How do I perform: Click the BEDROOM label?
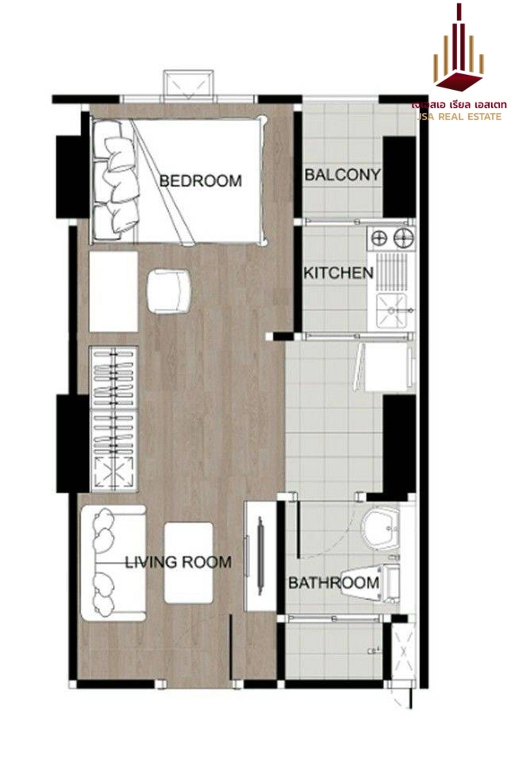[x=200, y=181]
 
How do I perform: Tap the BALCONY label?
[x=342, y=174]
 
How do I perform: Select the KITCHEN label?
[x=338, y=273]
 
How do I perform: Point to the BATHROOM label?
[x=334, y=583]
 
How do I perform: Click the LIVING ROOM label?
[x=178, y=562]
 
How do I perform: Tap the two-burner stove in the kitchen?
[x=391, y=238]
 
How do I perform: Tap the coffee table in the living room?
[x=188, y=563]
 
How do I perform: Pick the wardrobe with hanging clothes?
[x=113, y=419]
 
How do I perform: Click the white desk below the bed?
[x=113, y=291]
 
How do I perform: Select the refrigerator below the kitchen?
[x=387, y=367]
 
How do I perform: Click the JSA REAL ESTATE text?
[x=459, y=117]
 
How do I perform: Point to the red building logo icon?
[x=459, y=51]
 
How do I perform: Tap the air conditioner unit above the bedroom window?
[x=189, y=84]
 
